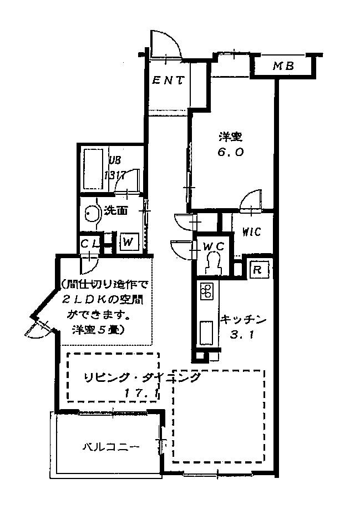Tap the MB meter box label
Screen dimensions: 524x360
pyautogui.click(x=283, y=67)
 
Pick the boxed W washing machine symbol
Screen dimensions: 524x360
pyautogui.click(x=128, y=242)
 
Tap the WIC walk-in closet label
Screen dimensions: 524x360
pyautogui.click(x=251, y=232)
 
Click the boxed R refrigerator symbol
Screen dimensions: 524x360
pyautogui.click(x=257, y=270)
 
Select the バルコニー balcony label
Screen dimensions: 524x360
pyautogui.click(x=110, y=446)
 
